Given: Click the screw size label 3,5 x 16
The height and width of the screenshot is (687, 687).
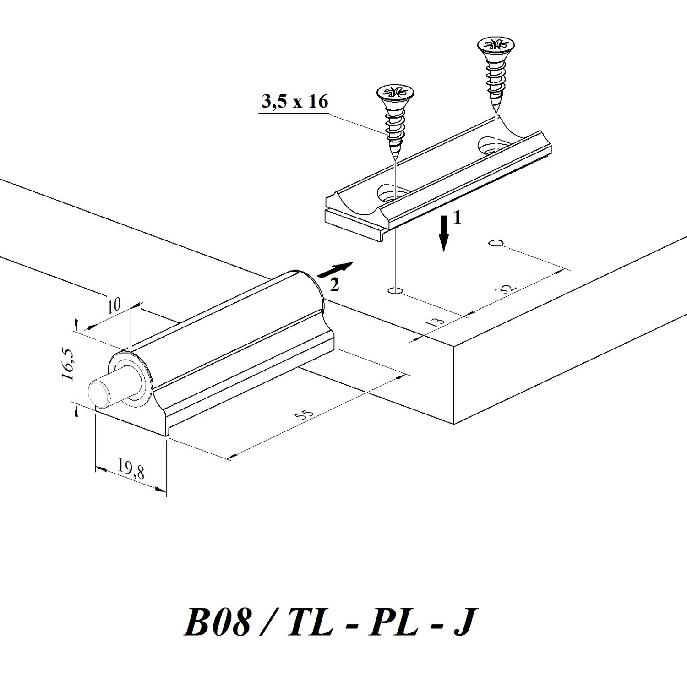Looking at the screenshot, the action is coord(295,102).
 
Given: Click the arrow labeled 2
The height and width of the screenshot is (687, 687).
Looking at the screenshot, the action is coord(335,271).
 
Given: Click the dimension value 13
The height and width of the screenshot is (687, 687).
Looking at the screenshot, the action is coord(437,320).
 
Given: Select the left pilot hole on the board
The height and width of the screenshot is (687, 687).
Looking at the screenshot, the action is coord(394,290).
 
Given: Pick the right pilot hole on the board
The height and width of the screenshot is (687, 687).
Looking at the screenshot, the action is coord(496,242).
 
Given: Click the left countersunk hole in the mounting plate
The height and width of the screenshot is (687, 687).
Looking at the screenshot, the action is coord(393,194).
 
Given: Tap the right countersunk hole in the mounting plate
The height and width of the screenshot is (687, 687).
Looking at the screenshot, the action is coord(494,145).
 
